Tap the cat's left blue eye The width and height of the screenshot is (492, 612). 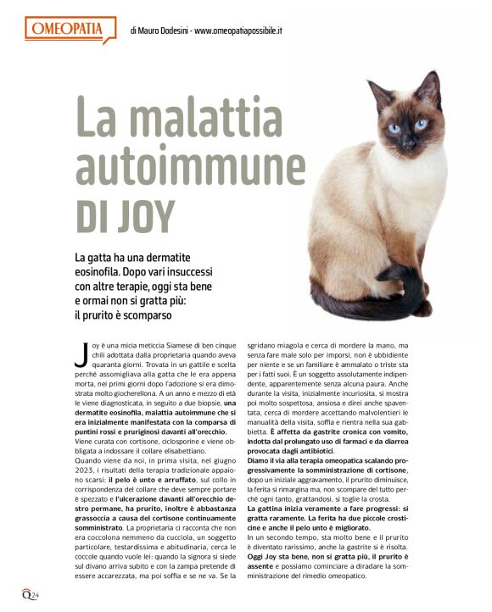(394, 128)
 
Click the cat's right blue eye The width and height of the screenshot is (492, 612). (421, 124)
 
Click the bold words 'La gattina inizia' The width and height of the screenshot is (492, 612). (281, 508)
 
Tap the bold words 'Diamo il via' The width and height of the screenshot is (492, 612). (271, 461)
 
